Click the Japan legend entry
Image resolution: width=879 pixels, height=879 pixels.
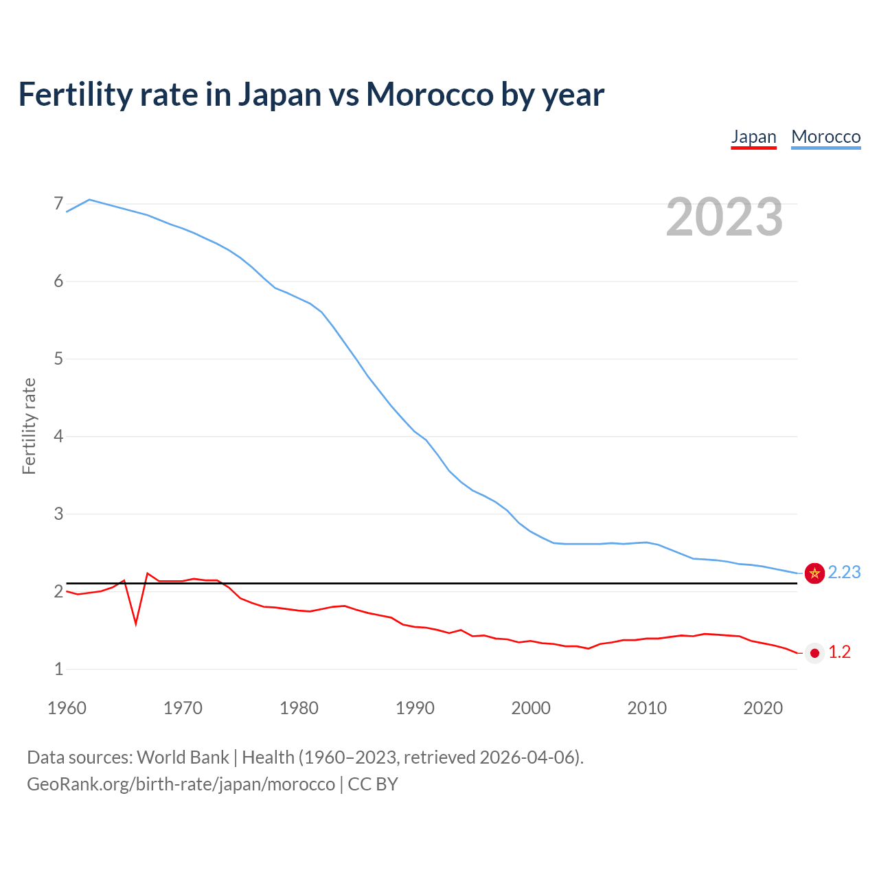753,137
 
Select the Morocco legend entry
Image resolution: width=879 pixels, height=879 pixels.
825,137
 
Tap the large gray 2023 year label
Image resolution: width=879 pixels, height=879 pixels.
724,217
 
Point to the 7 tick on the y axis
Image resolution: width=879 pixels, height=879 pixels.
58,204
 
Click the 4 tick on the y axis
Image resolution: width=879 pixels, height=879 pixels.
58,436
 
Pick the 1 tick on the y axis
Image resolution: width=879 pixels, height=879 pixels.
58,669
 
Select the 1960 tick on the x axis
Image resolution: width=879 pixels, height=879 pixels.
67,708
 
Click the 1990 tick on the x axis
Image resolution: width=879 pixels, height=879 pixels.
415,708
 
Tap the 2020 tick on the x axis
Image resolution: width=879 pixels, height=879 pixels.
763,708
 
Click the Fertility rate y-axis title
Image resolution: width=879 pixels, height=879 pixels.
29,426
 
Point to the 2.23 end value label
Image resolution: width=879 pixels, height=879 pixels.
844,572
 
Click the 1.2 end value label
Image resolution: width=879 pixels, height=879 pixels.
839,652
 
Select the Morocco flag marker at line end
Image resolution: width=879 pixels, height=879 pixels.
814,573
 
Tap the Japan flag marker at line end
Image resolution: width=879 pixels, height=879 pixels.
814,653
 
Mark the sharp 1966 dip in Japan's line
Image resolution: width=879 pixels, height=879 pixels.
136,623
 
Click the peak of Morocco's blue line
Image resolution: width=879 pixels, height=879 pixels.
89,200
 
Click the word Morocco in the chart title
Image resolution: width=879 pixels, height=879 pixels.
429,94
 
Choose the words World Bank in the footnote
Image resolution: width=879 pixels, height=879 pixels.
183,757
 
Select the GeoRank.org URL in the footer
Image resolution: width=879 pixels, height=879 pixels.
181,784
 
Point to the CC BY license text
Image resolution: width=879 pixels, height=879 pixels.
373,784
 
